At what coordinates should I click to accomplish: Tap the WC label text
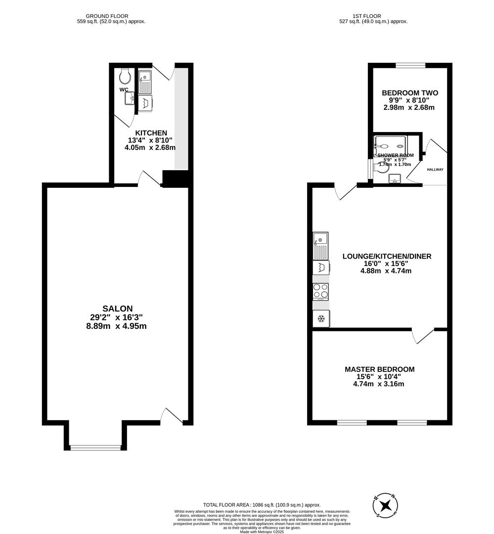coord(124,90)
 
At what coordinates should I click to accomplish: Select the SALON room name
coord(117,309)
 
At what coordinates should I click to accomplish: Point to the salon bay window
coord(95,447)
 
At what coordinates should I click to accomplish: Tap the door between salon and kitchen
coord(149,178)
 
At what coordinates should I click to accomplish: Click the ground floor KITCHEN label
coord(151,133)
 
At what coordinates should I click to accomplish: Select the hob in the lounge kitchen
coord(320,291)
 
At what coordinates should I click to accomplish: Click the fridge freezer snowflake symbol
coord(320,318)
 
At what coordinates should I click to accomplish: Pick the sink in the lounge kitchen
coord(320,245)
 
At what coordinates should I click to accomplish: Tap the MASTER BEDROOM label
coord(379,369)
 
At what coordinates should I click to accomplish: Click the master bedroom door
coord(423,336)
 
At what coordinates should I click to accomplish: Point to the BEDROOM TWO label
coord(410,93)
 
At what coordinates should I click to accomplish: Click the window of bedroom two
coord(410,65)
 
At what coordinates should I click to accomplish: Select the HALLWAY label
coord(435,170)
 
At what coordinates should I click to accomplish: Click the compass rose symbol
coord(386,505)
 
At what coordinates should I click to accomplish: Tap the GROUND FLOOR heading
coord(111,16)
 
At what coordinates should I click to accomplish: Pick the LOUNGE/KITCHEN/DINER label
coord(387,256)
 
